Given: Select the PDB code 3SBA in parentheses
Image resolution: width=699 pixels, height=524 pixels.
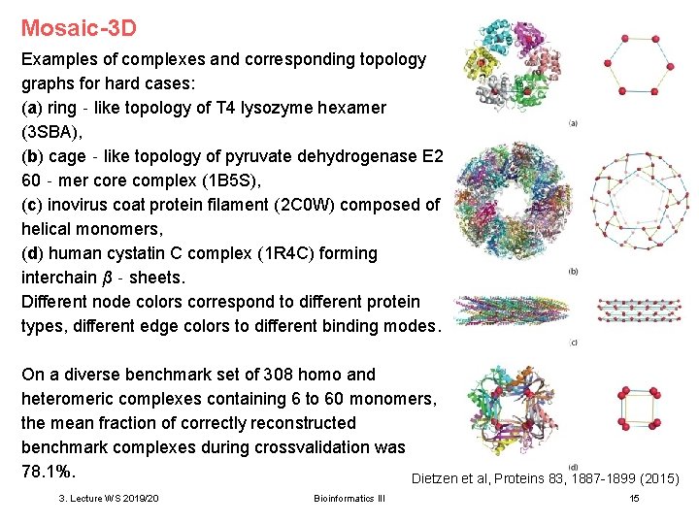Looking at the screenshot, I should coord(50,132).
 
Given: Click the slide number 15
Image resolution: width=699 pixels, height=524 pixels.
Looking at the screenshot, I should coord(634,498).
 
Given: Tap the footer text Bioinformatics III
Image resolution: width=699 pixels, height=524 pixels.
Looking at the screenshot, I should coord(349,498).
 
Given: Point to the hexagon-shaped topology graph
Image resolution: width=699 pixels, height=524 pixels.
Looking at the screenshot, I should coord(632,66).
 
